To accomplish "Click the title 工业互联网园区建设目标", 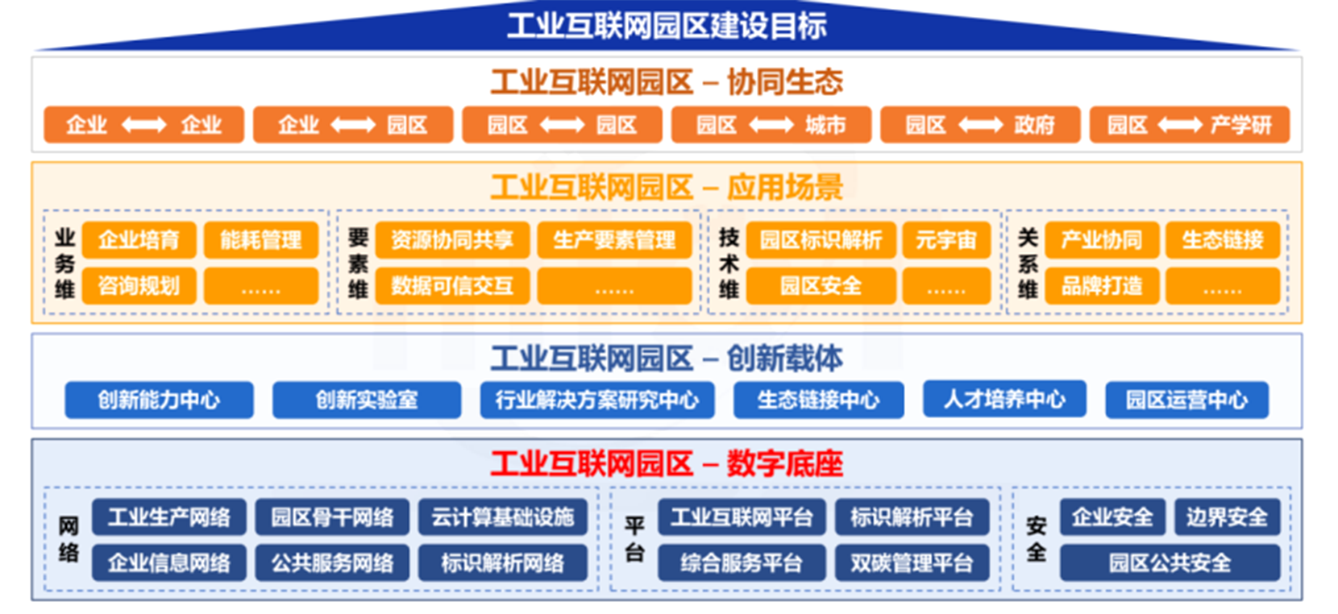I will [x=667, y=26].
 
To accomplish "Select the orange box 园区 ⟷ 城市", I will [x=771, y=125].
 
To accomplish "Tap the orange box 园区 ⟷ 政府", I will [x=979, y=125].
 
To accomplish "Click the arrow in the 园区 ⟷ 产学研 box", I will [x=1179, y=125].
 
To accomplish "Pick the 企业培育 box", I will [x=139, y=240].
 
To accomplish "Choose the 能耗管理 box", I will [x=261, y=240].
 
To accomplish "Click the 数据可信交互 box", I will [x=452, y=286].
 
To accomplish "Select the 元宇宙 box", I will [x=945, y=240].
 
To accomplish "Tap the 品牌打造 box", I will [x=1101, y=286].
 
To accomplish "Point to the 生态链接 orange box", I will [x=1222, y=240].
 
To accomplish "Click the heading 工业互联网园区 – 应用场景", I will [x=667, y=188].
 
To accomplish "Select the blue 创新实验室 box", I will [x=367, y=400].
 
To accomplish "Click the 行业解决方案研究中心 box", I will [x=596, y=400].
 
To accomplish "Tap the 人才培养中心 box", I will [x=1004, y=399].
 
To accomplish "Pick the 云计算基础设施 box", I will [x=502, y=517].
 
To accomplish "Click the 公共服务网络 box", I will [x=332, y=562].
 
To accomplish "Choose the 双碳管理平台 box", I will [x=912, y=562].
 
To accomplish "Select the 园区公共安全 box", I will [x=1170, y=562].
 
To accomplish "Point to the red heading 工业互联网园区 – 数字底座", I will [x=667, y=464].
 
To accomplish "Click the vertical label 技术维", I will [x=729, y=263].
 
